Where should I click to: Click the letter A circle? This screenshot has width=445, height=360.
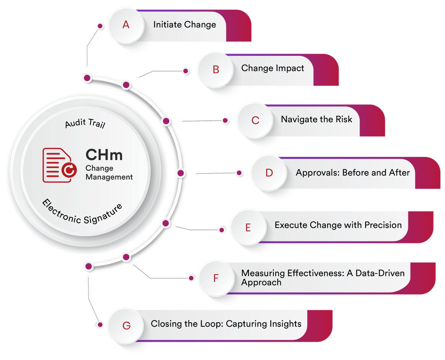coord(126,25)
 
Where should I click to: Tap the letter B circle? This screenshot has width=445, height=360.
coord(216,69)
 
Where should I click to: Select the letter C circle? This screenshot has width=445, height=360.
coord(255,120)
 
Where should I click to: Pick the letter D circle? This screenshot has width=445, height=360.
coord(269,173)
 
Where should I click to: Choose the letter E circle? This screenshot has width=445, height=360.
coord(248,227)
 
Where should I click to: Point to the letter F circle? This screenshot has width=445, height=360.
coord(216,278)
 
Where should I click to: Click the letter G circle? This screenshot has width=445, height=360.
coord(126,325)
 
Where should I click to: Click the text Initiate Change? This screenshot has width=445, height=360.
coord(185,25)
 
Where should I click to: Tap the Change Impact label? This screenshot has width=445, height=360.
coord(273,68)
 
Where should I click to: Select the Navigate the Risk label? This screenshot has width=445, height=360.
coord(316,119)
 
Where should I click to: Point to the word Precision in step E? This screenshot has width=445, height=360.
coord(383,225)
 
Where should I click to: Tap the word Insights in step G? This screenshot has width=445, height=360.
coord(286,324)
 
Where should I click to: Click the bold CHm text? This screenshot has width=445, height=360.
coord(104,155)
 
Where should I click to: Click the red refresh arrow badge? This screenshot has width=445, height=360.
coord(69,170)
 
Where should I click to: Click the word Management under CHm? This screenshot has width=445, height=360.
coord(109,177)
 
